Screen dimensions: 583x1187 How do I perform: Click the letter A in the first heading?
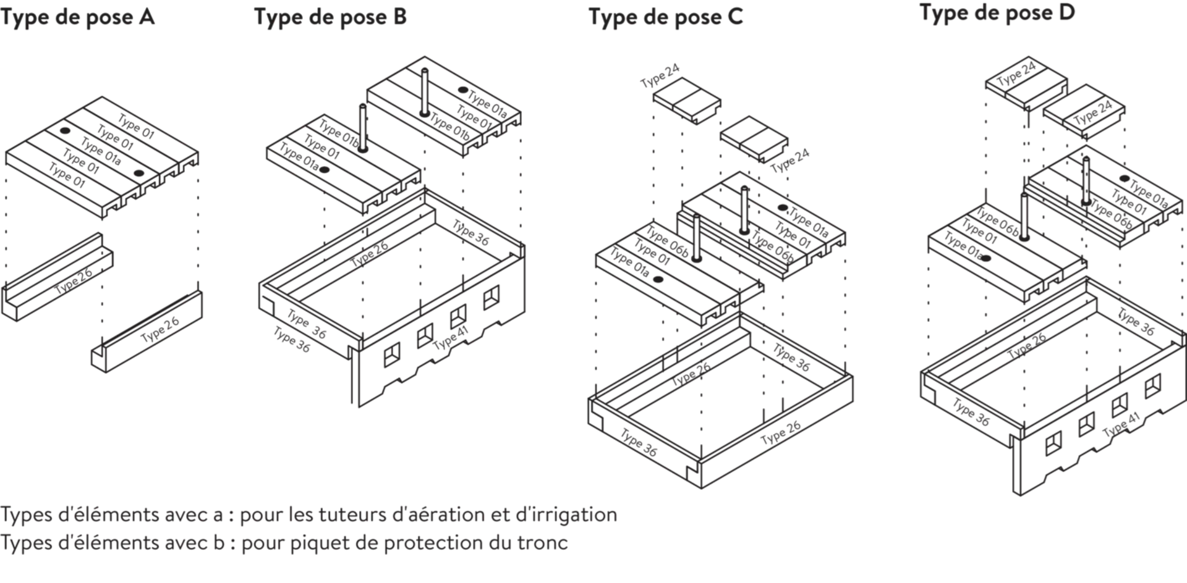(149, 17)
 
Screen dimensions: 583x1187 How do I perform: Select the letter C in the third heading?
(736, 17)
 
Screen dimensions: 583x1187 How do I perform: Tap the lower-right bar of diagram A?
(148, 333)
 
